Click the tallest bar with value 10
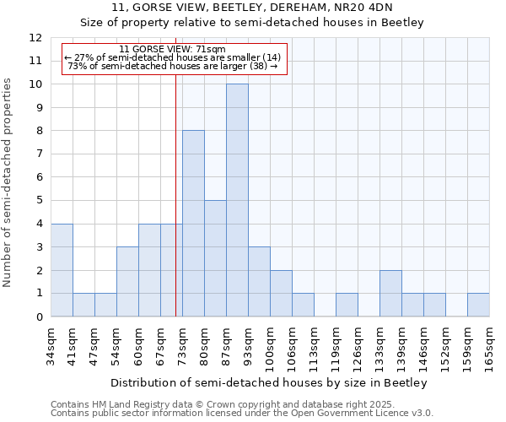237,200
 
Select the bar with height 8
193,224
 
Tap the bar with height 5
215,258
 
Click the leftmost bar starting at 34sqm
62,270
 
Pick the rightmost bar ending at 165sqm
478,305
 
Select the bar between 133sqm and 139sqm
390,293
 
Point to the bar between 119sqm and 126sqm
347,305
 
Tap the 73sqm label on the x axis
182,348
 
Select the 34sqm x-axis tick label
51,348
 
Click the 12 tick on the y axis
35,38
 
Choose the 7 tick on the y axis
39,154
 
